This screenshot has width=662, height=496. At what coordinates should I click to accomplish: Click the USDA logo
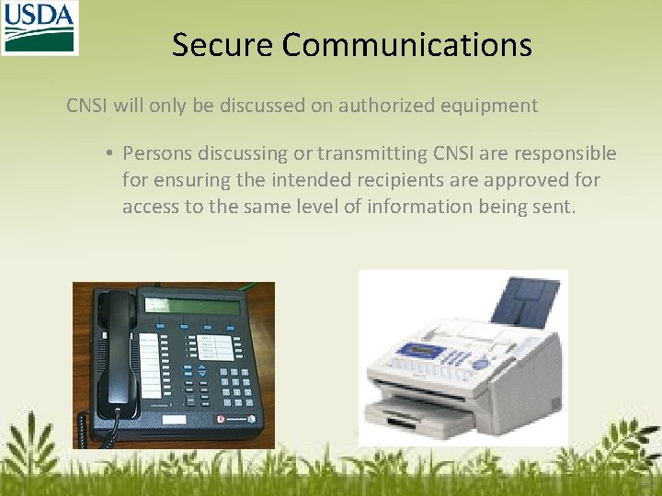tap(40, 28)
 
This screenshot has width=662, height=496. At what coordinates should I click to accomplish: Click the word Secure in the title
tap(223, 45)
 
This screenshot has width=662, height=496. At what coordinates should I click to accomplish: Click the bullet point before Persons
tap(108, 153)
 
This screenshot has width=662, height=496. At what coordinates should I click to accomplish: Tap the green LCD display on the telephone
tap(192, 306)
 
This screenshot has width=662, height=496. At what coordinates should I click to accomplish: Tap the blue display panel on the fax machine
tap(420, 350)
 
